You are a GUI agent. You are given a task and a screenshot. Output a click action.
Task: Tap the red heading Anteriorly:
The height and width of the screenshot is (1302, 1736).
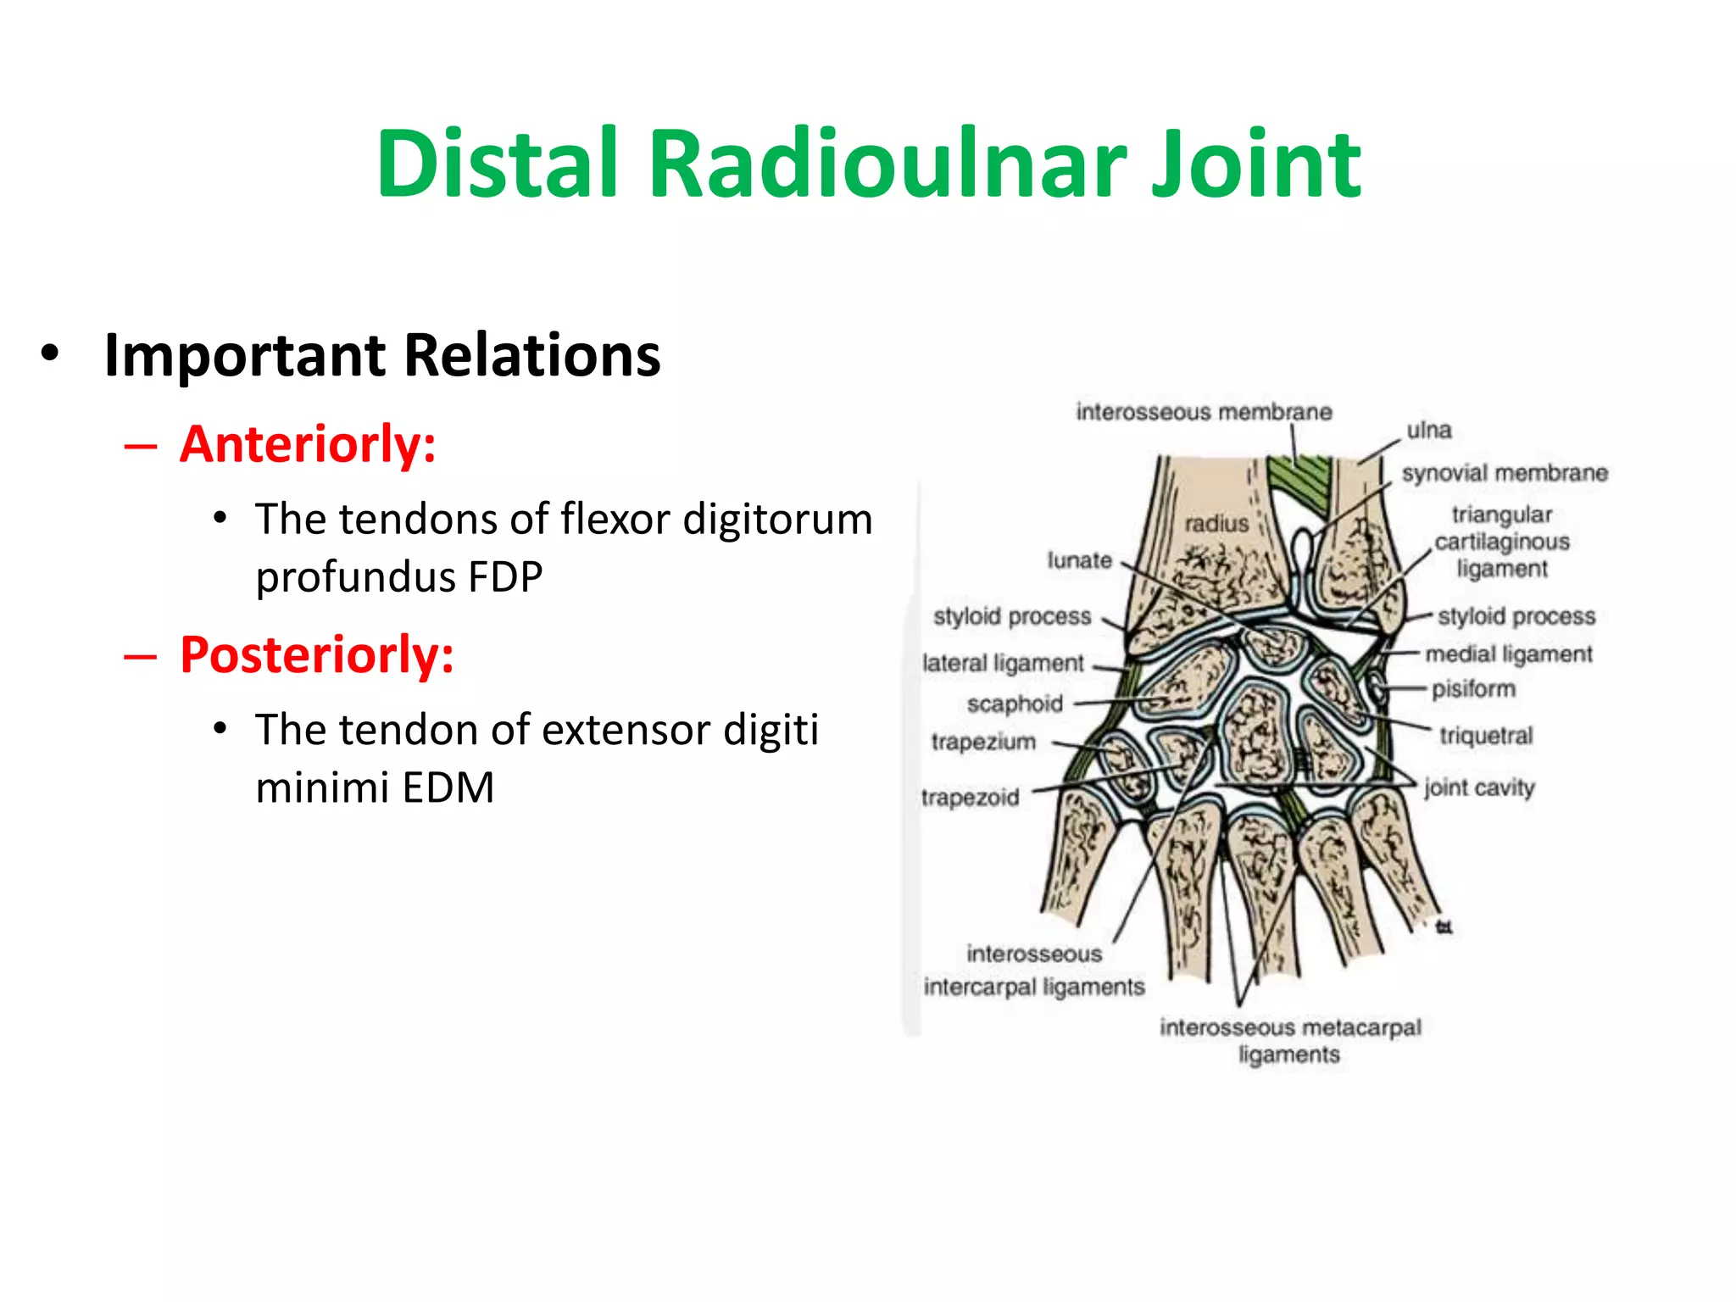(308, 444)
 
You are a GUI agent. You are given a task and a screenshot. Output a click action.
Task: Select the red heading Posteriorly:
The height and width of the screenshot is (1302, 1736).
(317, 655)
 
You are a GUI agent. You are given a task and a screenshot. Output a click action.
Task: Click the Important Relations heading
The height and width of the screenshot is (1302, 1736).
(381, 354)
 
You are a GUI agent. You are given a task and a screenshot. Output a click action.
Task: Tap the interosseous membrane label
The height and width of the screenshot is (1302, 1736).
(1204, 412)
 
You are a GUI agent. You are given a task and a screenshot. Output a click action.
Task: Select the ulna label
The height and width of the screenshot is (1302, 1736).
(1429, 431)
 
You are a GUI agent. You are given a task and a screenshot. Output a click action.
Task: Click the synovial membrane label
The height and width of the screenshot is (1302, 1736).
(1505, 473)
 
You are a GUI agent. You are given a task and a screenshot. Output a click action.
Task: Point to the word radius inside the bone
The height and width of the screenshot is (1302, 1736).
(1216, 524)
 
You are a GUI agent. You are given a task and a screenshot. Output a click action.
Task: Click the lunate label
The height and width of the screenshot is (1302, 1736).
(1079, 560)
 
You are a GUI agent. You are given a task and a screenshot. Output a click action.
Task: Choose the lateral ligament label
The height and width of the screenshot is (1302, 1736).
(1003, 663)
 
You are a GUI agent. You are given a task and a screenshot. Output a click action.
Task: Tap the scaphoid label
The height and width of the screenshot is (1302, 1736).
(1015, 704)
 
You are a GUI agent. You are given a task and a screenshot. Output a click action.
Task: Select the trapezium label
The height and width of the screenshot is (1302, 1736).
(983, 742)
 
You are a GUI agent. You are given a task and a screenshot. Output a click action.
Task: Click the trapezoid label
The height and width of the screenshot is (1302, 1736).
(970, 798)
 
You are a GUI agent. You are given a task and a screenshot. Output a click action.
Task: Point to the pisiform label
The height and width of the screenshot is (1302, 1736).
(1473, 688)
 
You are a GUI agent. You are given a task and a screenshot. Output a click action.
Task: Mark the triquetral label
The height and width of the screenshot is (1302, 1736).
(1486, 735)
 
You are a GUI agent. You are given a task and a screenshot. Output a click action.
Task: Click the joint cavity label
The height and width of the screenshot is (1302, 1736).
(1479, 787)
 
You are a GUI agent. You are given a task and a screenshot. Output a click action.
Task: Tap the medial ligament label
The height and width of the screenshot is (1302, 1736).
(1509, 654)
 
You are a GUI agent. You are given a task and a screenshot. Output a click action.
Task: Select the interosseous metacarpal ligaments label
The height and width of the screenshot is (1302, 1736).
(1290, 1041)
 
